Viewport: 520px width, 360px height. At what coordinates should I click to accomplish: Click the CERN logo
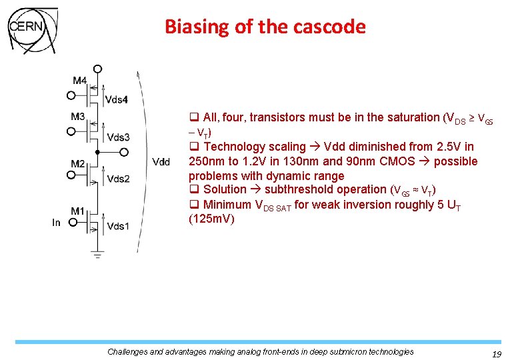(x=32, y=31)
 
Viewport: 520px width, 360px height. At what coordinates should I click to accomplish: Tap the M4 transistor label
(x=79, y=81)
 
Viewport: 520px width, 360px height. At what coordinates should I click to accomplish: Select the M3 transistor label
(x=78, y=117)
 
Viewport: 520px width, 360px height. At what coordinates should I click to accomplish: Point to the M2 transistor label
(x=78, y=164)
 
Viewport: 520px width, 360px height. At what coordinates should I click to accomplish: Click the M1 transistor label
(x=78, y=211)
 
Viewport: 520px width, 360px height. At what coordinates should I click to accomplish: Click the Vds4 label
(x=117, y=100)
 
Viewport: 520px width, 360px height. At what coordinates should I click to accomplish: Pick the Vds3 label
(x=118, y=137)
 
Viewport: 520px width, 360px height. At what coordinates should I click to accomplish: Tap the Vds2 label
(x=118, y=179)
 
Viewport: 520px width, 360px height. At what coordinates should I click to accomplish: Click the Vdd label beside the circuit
(x=161, y=161)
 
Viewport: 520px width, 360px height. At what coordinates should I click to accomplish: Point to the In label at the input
(x=57, y=222)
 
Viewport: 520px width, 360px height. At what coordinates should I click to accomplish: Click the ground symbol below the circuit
(x=98, y=254)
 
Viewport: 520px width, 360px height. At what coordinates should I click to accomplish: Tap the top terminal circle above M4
(x=98, y=69)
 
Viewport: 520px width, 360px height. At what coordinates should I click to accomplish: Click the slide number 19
(x=495, y=355)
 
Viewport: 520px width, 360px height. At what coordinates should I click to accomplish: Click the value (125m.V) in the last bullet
(x=211, y=219)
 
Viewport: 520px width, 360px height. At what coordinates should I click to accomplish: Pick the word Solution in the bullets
(x=225, y=189)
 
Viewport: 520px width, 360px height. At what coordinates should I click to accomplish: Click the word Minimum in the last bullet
(x=228, y=205)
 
